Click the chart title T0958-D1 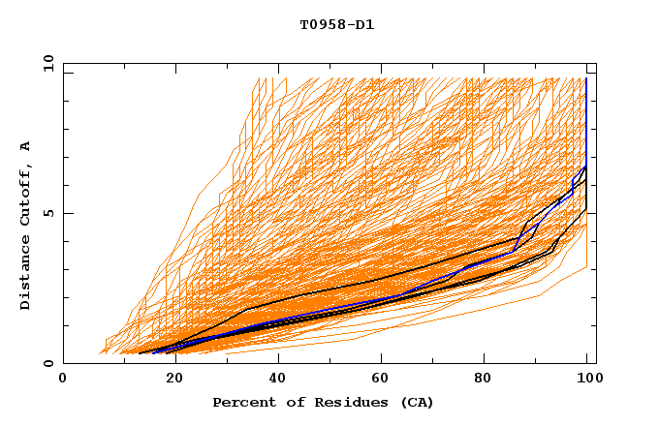point(336,24)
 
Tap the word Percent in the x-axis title point(240,402)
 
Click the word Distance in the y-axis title point(25,275)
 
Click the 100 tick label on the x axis point(587,379)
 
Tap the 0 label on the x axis point(64,379)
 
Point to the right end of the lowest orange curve point(586,268)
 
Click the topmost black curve point(388,276)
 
